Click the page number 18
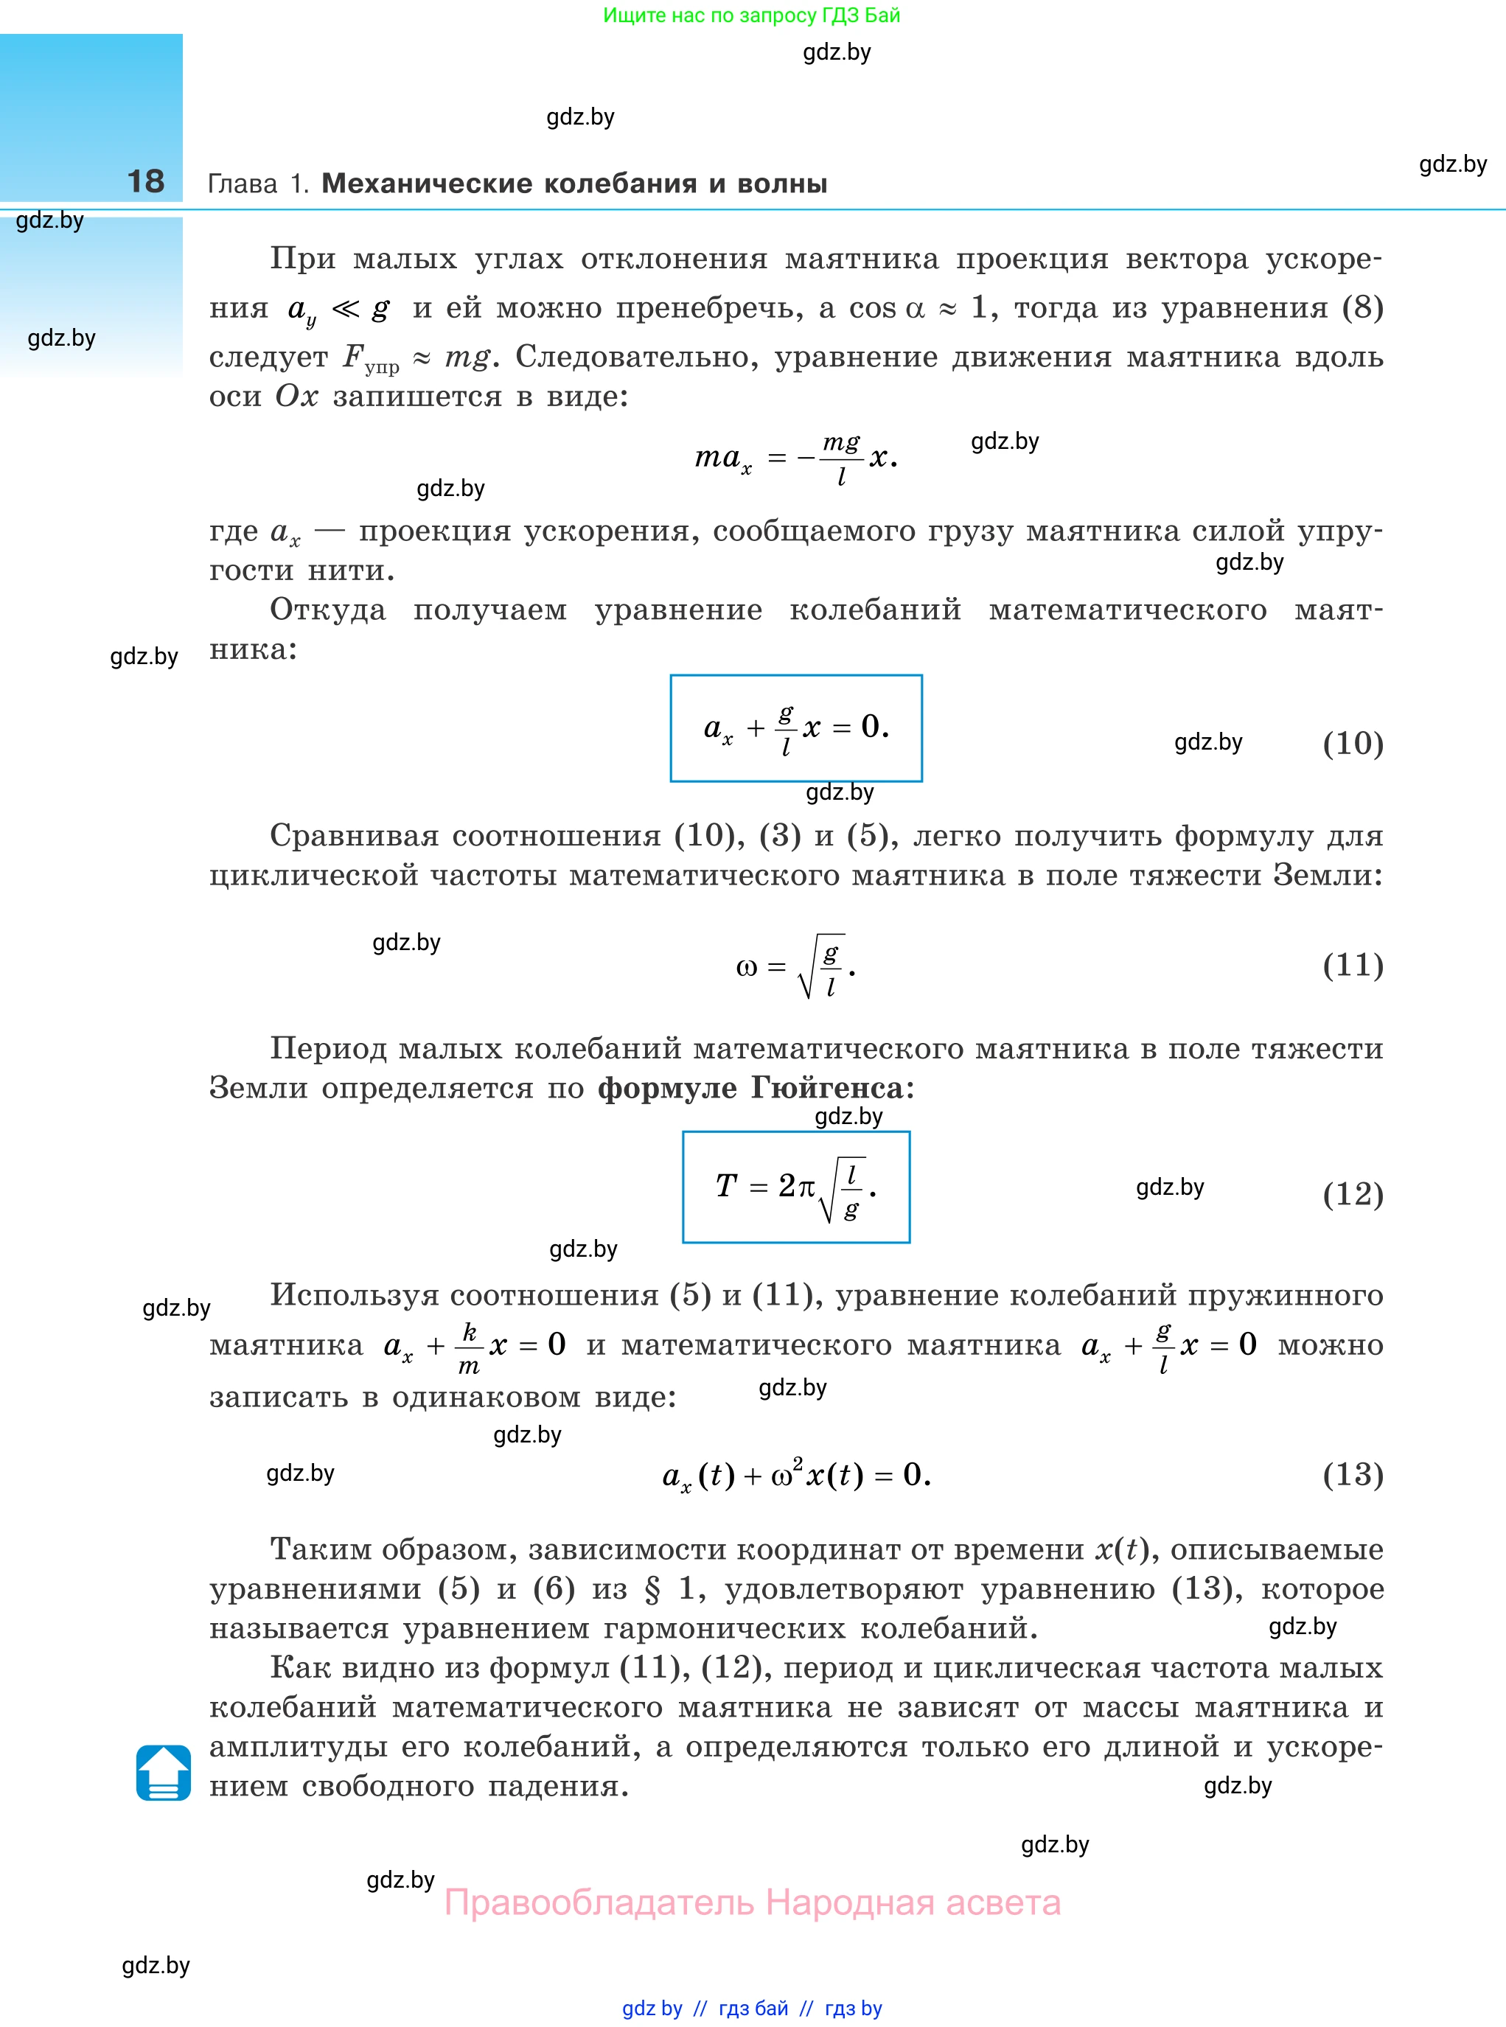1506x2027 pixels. click(146, 181)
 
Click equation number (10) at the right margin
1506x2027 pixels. click(1353, 744)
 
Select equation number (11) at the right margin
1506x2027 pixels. click(1353, 965)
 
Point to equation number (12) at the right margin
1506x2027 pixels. click(1353, 1194)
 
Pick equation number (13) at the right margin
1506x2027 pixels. click(1353, 1475)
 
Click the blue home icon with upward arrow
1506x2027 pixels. click(163, 1773)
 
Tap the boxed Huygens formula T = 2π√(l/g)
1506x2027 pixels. click(796, 1187)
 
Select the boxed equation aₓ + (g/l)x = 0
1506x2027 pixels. click(796, 728)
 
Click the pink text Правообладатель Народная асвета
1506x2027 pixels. click(752, 1903)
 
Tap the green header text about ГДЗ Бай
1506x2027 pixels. click(752, 15)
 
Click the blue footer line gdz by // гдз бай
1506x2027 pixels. click(752, 2009)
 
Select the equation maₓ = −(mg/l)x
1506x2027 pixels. click(796, 458)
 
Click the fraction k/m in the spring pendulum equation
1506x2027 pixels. click(469, 1348)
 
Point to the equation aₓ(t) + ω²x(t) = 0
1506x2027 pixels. click(796, 1475)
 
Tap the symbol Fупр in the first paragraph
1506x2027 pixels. click(370, 358)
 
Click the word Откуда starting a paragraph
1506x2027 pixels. click(328, 610)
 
